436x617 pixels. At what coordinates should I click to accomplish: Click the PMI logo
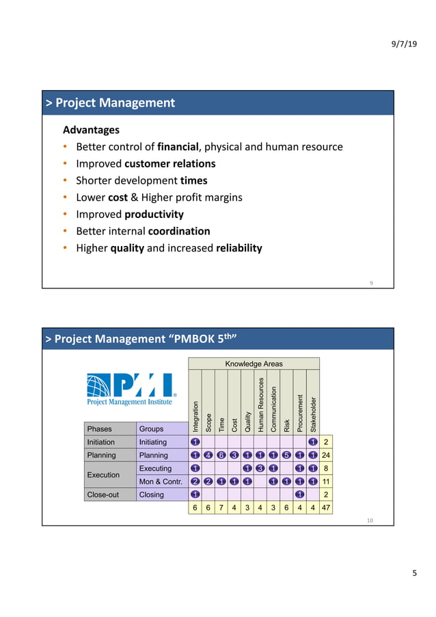click(131, 389)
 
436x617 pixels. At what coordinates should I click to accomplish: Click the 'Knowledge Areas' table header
click(254, 364)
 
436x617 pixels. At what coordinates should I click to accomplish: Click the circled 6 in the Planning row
click(221, 455)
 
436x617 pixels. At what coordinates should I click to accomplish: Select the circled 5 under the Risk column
click(286, 455)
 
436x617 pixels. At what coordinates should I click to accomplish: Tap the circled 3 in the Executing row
click(260, 468)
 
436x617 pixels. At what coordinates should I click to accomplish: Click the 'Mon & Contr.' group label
click(160, 481)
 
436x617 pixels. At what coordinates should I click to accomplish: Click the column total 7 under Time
click(221, 507)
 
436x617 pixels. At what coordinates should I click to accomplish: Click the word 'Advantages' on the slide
click(91, 130)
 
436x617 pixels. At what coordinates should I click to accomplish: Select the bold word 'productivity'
click(151, 214)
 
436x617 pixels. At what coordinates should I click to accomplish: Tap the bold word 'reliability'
click(239, 248)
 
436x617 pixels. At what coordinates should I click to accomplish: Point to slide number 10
click(370, 521)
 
